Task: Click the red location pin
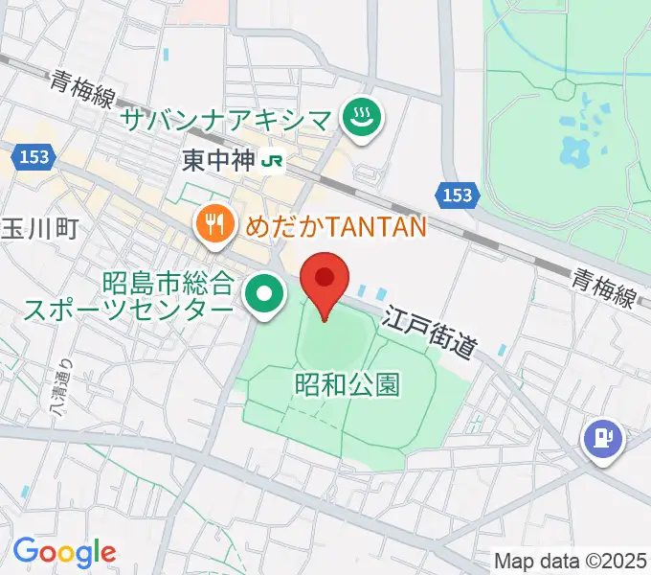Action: [x=325, y=280]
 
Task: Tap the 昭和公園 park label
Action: [x=346, y=384]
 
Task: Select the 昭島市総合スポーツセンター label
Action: [x=168, y=297]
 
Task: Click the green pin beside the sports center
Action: [x=263, y=293]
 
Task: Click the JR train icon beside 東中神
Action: [x=274, y=161]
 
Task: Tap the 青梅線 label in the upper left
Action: [x=84, y=91]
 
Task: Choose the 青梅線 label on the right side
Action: [x=604, y=287]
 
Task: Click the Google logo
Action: [x=64, y=552]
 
